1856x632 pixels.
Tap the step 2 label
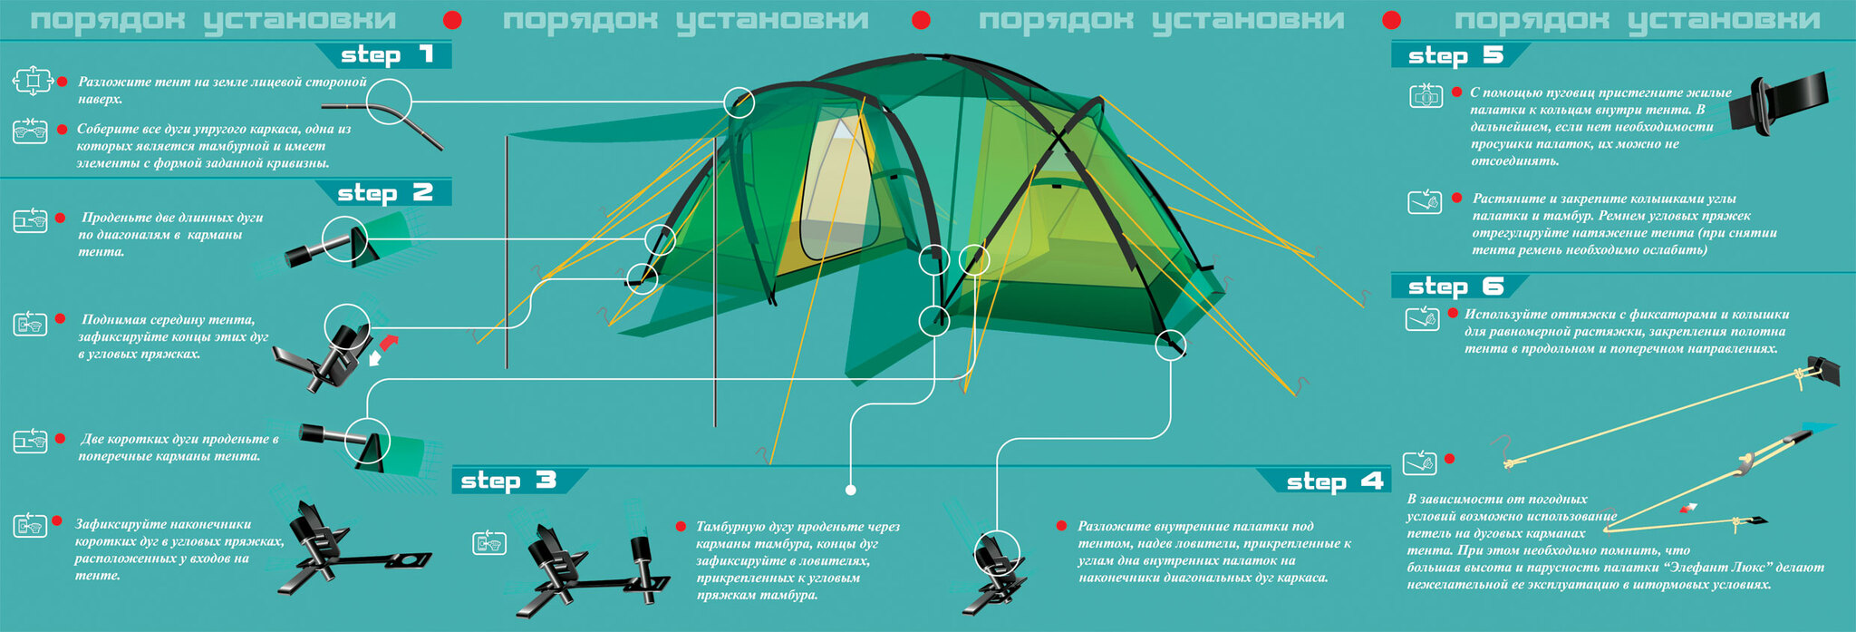[385, 193]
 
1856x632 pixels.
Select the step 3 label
[508, 481]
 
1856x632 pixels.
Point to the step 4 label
[1334, 481]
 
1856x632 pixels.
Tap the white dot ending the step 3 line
[850, 491]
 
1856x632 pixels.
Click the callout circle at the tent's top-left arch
[739, 102]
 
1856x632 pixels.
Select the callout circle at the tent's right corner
[1171, 345]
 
